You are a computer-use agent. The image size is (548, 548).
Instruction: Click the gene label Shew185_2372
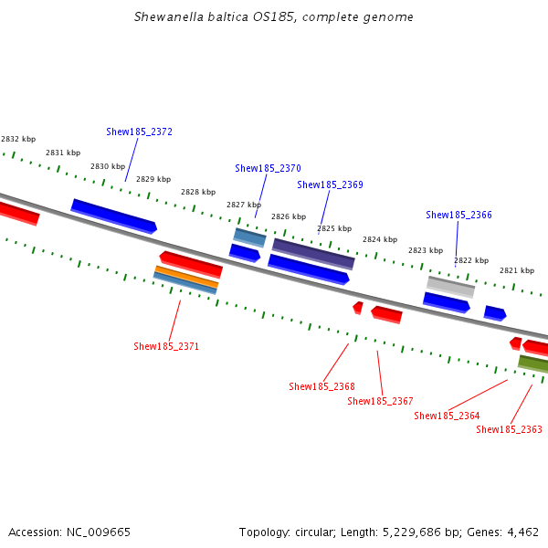(x=139, y=132)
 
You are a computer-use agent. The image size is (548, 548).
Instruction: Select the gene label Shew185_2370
(x=268, y=168)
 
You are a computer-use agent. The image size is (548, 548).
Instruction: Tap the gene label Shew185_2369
(x=330, y=184)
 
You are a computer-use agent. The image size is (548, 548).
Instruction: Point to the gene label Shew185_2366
(x=458, y=215)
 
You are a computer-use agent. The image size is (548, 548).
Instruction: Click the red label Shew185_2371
(x=166, y=346)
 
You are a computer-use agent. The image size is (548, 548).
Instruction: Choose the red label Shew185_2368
(x=321, y=386)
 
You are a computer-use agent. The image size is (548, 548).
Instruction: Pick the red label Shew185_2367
(x=380, y=401)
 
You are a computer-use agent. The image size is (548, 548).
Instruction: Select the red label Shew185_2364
(x=447, y=416)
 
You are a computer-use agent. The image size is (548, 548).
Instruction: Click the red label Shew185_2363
(x=509, y=429)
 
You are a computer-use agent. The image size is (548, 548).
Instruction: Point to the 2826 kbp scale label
(x=288, y=216)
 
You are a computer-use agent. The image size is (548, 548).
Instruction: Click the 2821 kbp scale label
(x=516, y=270)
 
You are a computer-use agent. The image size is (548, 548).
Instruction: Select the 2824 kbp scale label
(x=379, y=239)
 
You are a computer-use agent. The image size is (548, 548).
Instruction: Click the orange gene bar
(x=186, y=276)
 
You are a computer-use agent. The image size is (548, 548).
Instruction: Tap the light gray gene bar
(x=450, y=286)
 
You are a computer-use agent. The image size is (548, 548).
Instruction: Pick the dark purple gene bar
(x=313, y=253)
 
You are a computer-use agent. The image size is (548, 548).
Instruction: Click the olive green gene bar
(x=533, y=364)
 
